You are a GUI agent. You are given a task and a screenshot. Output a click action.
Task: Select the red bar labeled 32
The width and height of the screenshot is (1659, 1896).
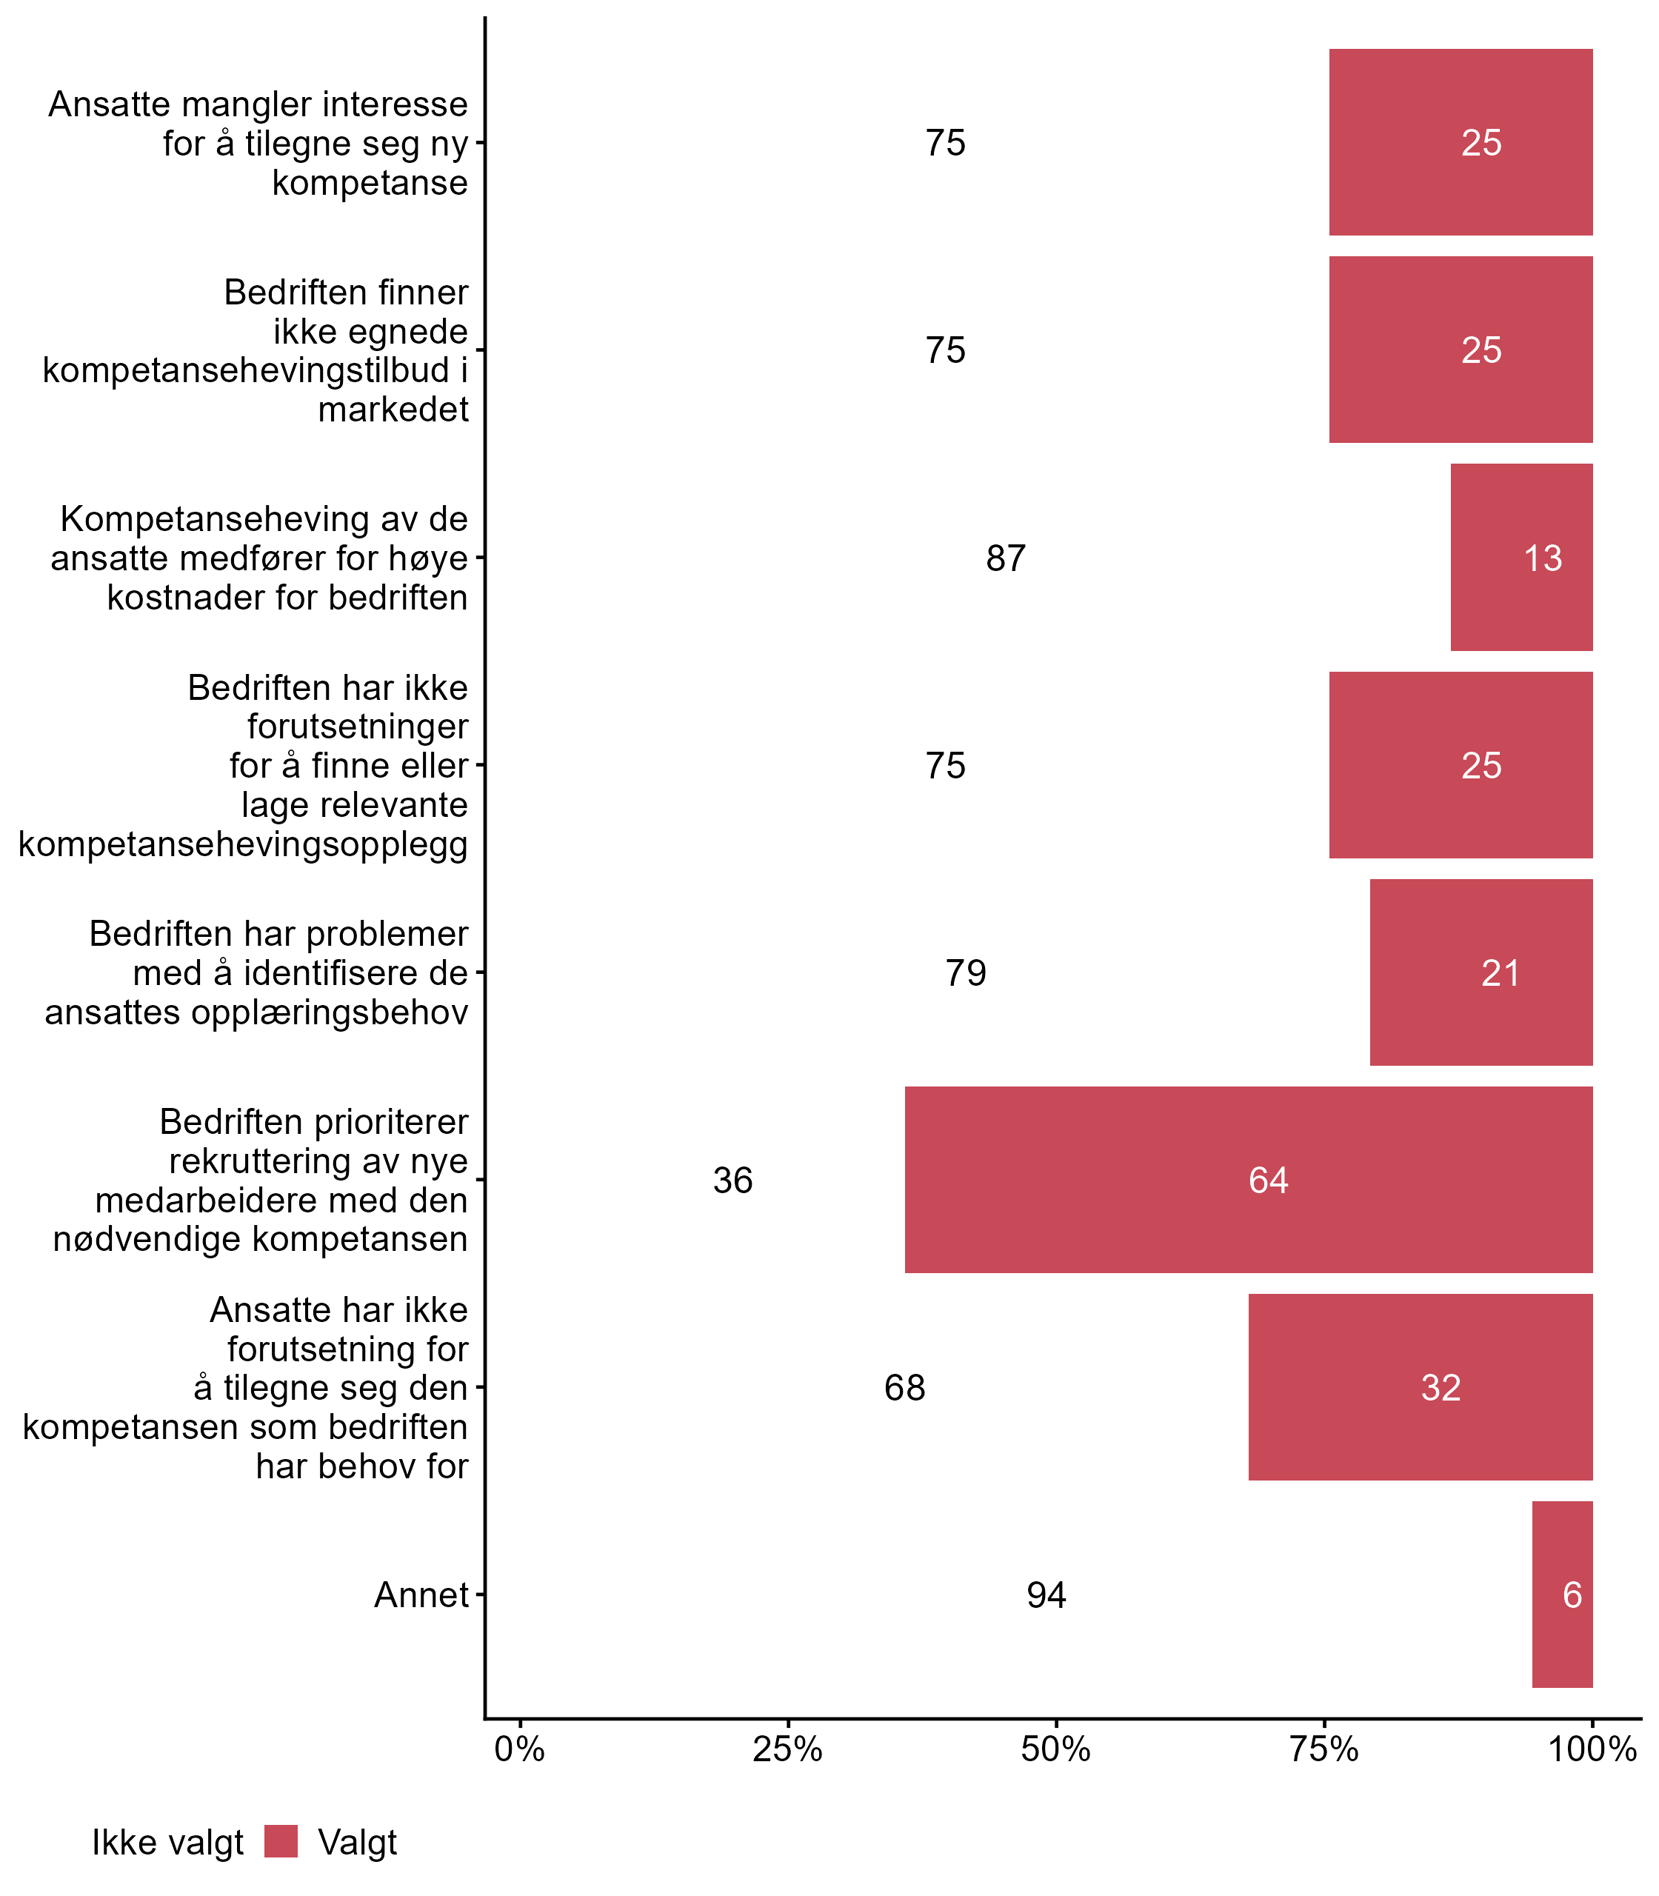pyautogui.click(x=1421, y=1386)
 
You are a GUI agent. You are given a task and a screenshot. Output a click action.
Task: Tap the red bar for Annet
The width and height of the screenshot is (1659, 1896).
pyautogui.click(x=1562, y=1594)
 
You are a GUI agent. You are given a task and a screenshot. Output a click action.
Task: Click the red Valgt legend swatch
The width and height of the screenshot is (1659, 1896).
pyautogui.click(x=281, y=1843)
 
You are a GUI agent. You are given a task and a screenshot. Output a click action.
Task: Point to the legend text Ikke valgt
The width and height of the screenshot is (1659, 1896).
pyautogui.click(x=167, y=1843)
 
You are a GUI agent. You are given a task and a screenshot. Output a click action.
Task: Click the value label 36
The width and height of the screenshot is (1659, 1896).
pyautogui.click(x=732, y=1181)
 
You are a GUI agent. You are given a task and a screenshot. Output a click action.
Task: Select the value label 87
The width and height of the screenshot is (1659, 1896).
pyautogui.click(x=1006, y=558)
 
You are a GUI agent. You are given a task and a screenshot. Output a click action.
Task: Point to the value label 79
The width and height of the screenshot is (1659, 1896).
pyautogui.click(x=966, y=973)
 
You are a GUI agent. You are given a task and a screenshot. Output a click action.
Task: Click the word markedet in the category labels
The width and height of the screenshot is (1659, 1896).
pyautogui.click(x=393, y=409)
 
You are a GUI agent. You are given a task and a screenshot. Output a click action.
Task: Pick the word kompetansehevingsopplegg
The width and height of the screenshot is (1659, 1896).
pyautogui.click(x=244, y=844)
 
